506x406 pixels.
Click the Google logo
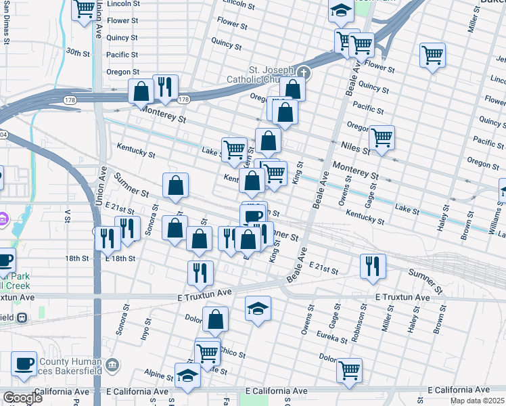click(22, 398)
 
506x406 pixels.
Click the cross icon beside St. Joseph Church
click(304, 72)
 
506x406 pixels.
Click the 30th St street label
click(78, 53)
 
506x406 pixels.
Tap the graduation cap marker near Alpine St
click(187, 375)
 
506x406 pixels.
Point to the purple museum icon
click(3, 219)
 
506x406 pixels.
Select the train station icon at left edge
click(22, 317)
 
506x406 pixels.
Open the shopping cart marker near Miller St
click(432, 55)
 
